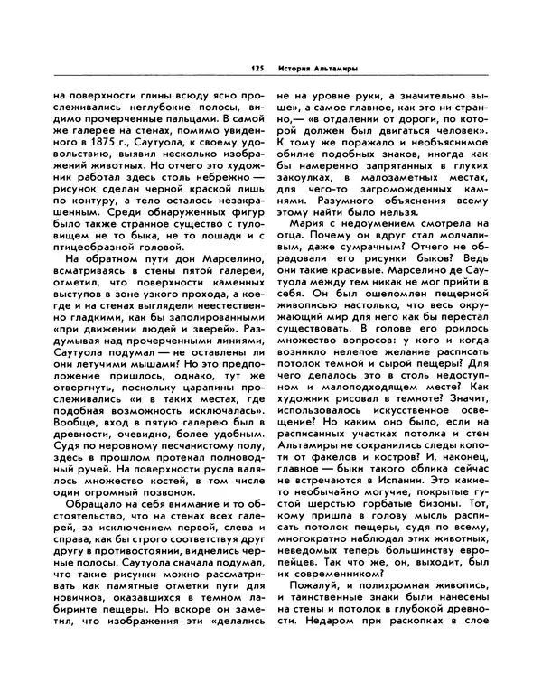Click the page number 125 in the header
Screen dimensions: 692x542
pos(257,68)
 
